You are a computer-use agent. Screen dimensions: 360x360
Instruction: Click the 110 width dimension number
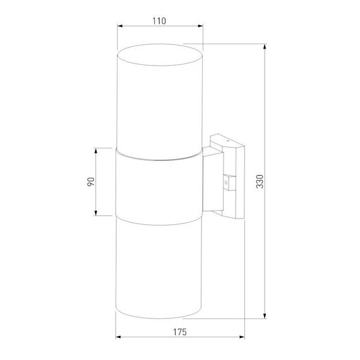pyautogui.click(x=159, y=21)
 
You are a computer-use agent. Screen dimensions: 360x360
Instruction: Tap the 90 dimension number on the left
pyautogui.click(x=91, y=182)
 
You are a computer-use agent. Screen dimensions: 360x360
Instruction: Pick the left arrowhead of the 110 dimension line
pyautogui.click(x=120, y=27)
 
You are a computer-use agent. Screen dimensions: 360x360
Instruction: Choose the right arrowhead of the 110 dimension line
pyautogui.click(x=201, y=27)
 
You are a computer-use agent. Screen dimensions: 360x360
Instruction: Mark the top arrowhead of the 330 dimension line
pyautogui.click(x=264, y=45)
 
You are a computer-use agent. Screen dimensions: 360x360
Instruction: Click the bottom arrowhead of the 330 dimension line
pyautogui.click(x=264, y=318)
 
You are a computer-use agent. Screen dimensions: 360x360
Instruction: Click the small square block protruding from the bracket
pyautogui.click(x=227, y=182)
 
